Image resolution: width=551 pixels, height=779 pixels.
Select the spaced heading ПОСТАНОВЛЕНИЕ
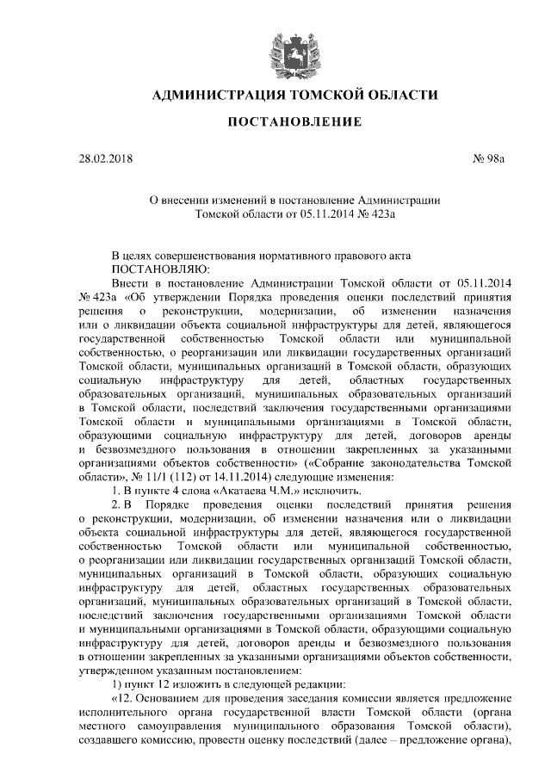(294, 123)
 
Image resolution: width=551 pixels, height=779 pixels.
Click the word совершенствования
(212, 256)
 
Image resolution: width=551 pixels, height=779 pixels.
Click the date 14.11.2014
(243, 476)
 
